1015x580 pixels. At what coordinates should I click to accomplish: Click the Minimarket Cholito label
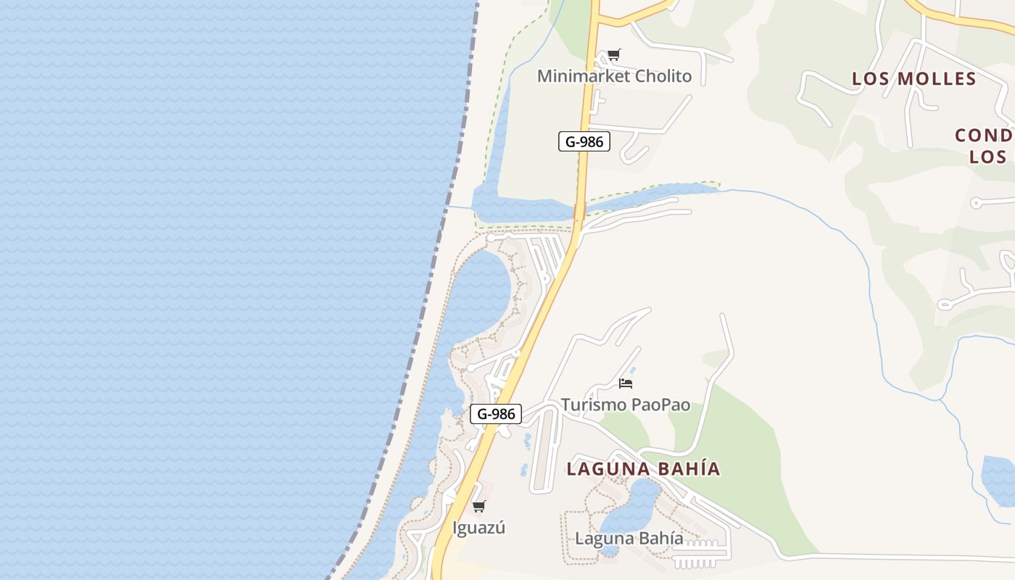(x=614, y=76)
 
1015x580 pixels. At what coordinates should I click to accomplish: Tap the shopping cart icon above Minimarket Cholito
(x=614, y=54)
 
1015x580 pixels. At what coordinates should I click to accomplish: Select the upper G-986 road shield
(x=584, y=141)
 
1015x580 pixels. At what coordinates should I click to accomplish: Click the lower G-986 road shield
(x=496, y=414)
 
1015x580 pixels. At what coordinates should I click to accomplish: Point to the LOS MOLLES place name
(x=914, y=78)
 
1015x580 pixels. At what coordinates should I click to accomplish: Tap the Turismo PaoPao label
(x=625, y=405)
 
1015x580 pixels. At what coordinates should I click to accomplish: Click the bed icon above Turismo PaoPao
(x=626, y=383)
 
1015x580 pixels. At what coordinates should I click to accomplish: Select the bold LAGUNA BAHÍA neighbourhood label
(x=643, y=468)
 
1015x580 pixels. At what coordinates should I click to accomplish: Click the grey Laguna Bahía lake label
(x=629, y=538)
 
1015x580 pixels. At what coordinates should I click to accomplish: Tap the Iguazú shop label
(x=478, y=528)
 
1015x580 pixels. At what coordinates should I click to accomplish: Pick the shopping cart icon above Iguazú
(x=478, y=506)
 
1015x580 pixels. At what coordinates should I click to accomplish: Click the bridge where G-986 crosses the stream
(x=579, y=211)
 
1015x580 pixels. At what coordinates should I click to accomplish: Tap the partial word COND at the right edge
(x=984, y=136)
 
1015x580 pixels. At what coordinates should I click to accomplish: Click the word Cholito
(x=663, y=76)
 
